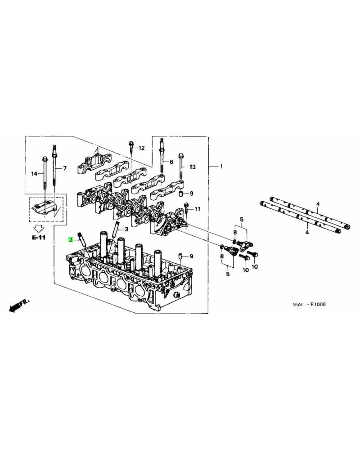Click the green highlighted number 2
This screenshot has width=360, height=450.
tap(71, 240)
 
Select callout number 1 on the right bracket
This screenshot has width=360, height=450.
tap(221, 166)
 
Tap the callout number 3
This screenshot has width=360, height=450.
tap(127, 229)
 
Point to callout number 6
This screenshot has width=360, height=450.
tap(171, 161)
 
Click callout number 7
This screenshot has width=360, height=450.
tap(64, 168)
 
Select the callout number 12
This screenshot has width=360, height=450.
tap(142, 148)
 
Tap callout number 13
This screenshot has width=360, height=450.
tap(193, 167)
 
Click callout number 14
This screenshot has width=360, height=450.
tap(34, 174)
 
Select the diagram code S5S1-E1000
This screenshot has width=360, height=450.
tap(309, 304)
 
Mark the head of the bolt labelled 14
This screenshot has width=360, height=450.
tap(44, 159)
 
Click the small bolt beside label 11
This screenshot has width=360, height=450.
tap(186, 208)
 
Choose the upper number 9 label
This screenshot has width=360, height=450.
tap(191, 193)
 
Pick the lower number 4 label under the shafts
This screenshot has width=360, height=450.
tap(307, 233)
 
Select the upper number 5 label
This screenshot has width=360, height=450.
tap(241, 220)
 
